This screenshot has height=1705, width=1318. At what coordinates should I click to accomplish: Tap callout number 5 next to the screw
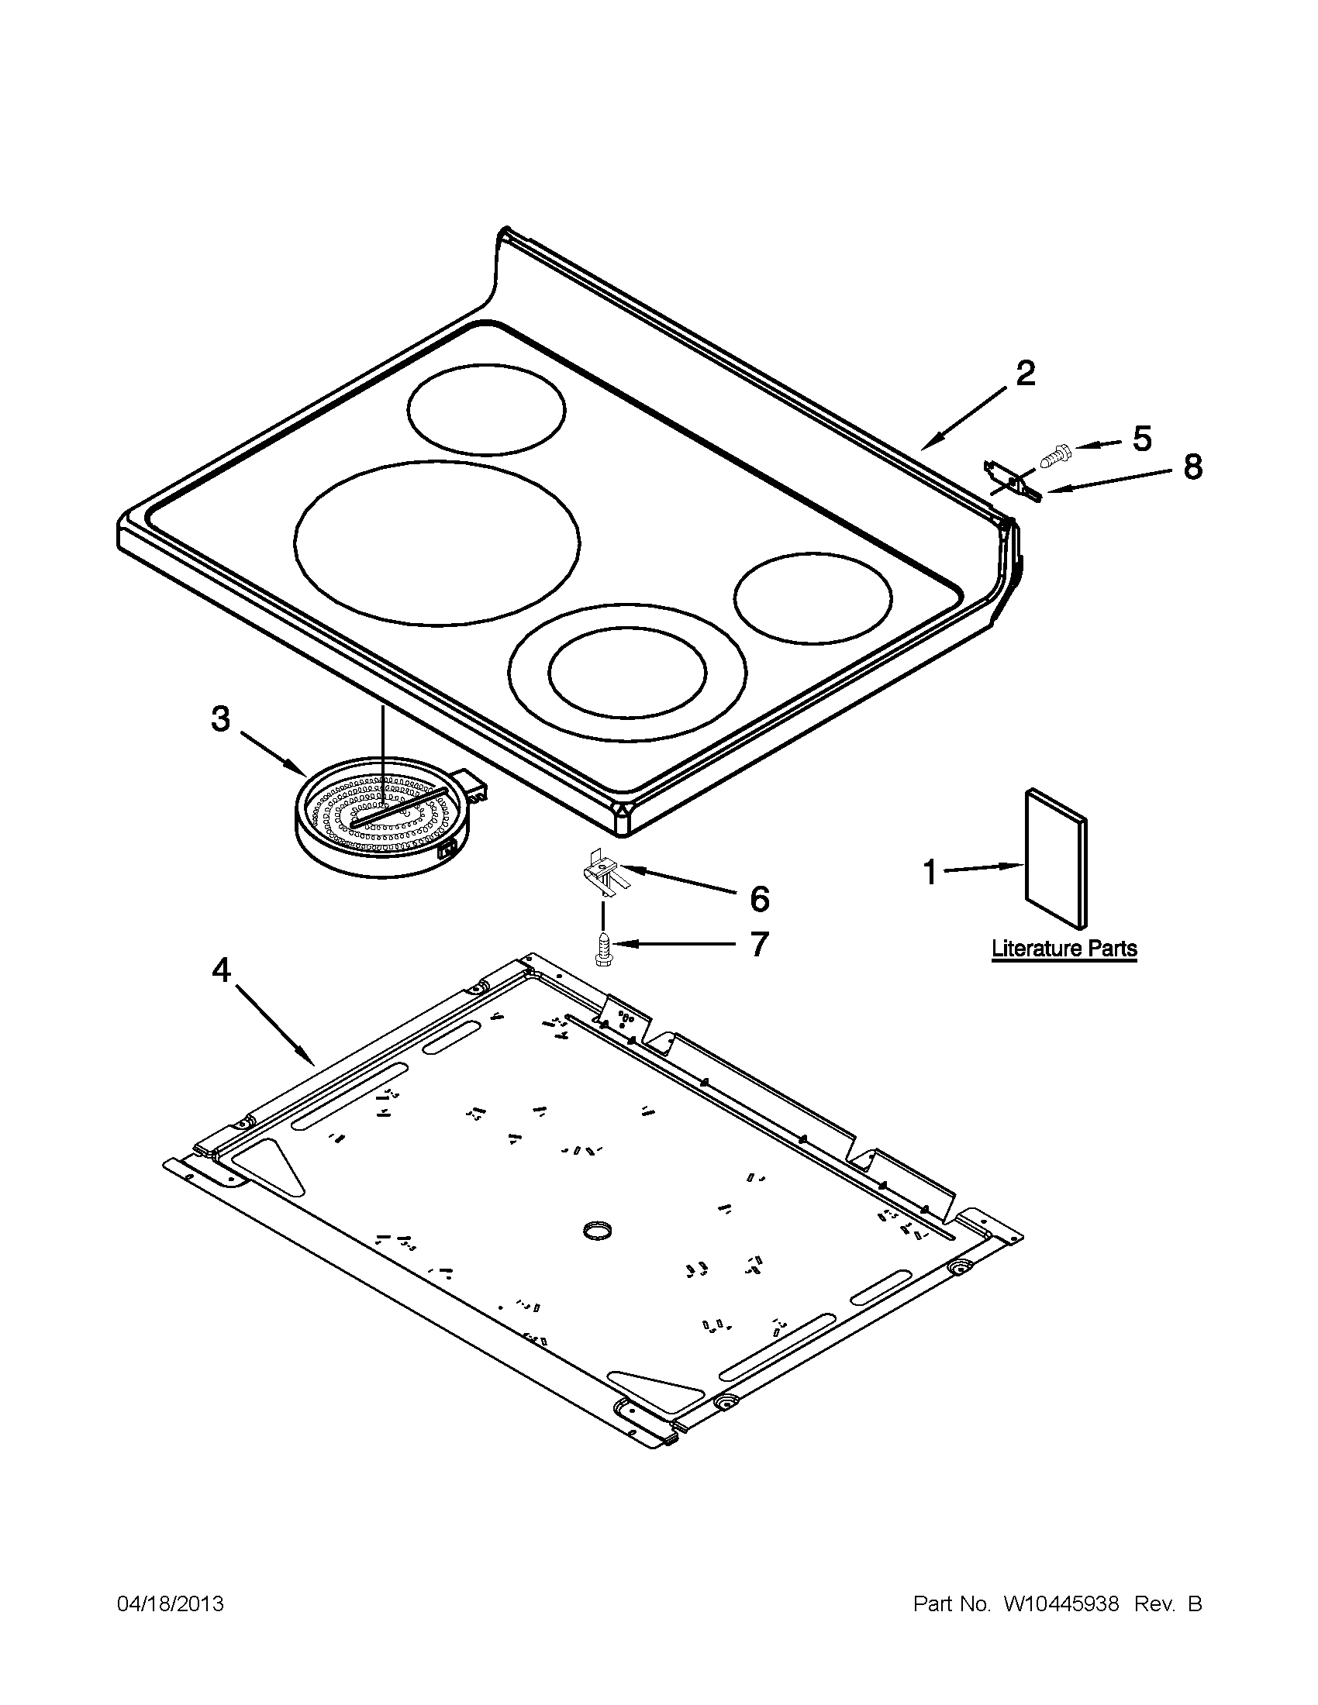click(1141, 439)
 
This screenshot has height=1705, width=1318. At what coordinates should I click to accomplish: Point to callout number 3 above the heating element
click(221, 718)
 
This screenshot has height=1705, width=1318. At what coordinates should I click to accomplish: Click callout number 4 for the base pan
click(222, 970)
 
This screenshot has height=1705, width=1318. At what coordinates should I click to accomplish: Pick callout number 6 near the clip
click(759, 899)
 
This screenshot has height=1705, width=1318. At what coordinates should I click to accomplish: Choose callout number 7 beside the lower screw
click(759, 944)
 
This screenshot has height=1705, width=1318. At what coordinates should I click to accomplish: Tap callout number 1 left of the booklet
click(929, 871)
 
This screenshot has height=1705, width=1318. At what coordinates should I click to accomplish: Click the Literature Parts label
click(1064, 949)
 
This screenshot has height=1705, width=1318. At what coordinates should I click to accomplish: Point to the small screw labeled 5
click(1051, 451)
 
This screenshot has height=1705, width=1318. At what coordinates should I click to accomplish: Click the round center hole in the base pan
click(597, 1232)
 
